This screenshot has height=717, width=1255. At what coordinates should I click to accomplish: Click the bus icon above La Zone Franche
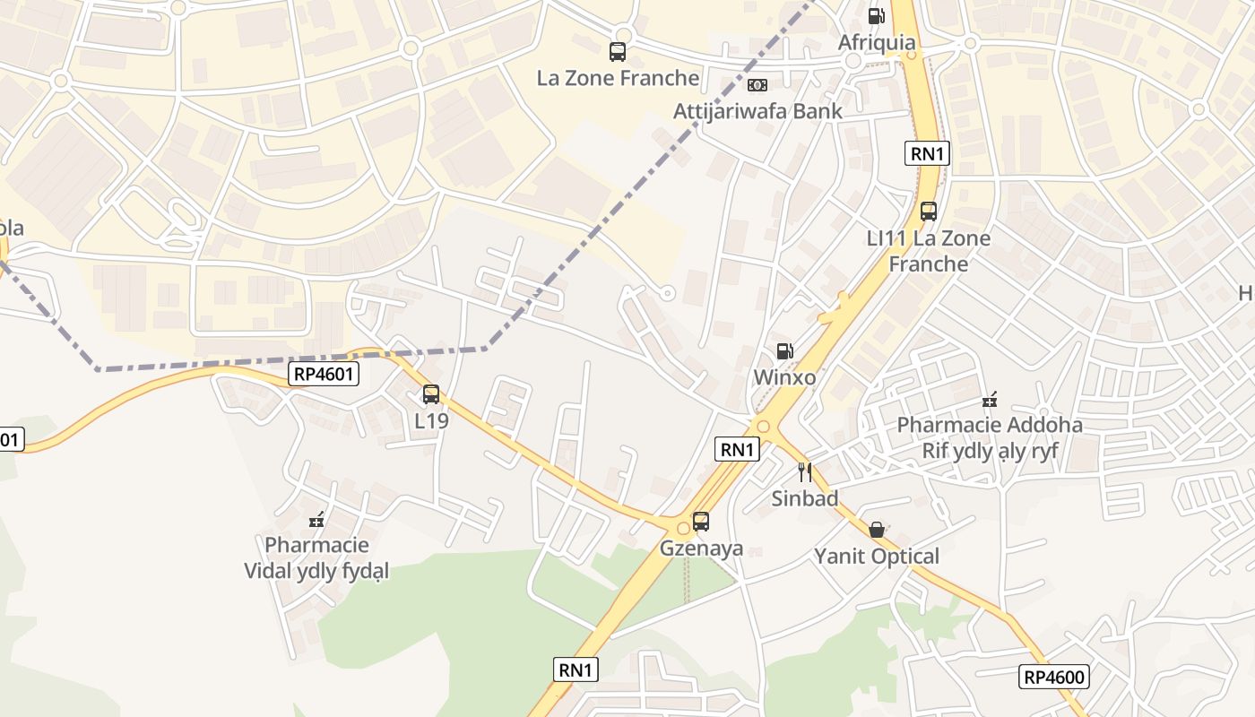pos(618,52)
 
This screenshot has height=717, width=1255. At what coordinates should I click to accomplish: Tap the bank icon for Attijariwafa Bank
pos(757,85)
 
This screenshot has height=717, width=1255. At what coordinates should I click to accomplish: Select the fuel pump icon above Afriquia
pos(876,15)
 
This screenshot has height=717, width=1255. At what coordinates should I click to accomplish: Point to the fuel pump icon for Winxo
pos(784,351)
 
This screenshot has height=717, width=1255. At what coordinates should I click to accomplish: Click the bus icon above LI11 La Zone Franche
pos(929,212)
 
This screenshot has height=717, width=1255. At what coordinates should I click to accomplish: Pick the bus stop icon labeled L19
pos(431,394)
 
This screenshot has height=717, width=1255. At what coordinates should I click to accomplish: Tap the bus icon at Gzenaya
pos(701,522)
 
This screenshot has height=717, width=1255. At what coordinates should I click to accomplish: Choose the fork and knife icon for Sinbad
pos(805,471)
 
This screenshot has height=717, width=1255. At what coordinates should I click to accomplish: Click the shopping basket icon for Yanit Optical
pos(877,530)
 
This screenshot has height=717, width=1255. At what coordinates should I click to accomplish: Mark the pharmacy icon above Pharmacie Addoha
pos(990,399)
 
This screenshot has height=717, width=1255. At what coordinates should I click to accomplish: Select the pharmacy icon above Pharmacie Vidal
pos(316,519)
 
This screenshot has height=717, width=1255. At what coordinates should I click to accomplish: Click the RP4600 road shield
pos(1054,677)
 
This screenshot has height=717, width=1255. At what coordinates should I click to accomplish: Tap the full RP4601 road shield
pos(324,374)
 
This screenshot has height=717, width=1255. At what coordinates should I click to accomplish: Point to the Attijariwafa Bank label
pos(757,111)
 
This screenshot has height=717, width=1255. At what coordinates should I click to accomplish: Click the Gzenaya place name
pos(702,548)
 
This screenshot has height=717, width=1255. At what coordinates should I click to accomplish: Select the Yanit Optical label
pos(877,557)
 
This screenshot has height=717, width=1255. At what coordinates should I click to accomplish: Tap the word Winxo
pos(784,377)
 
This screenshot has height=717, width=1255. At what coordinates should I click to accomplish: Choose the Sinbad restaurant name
pos(805,498)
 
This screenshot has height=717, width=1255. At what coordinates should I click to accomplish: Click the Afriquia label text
pos(877,42)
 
